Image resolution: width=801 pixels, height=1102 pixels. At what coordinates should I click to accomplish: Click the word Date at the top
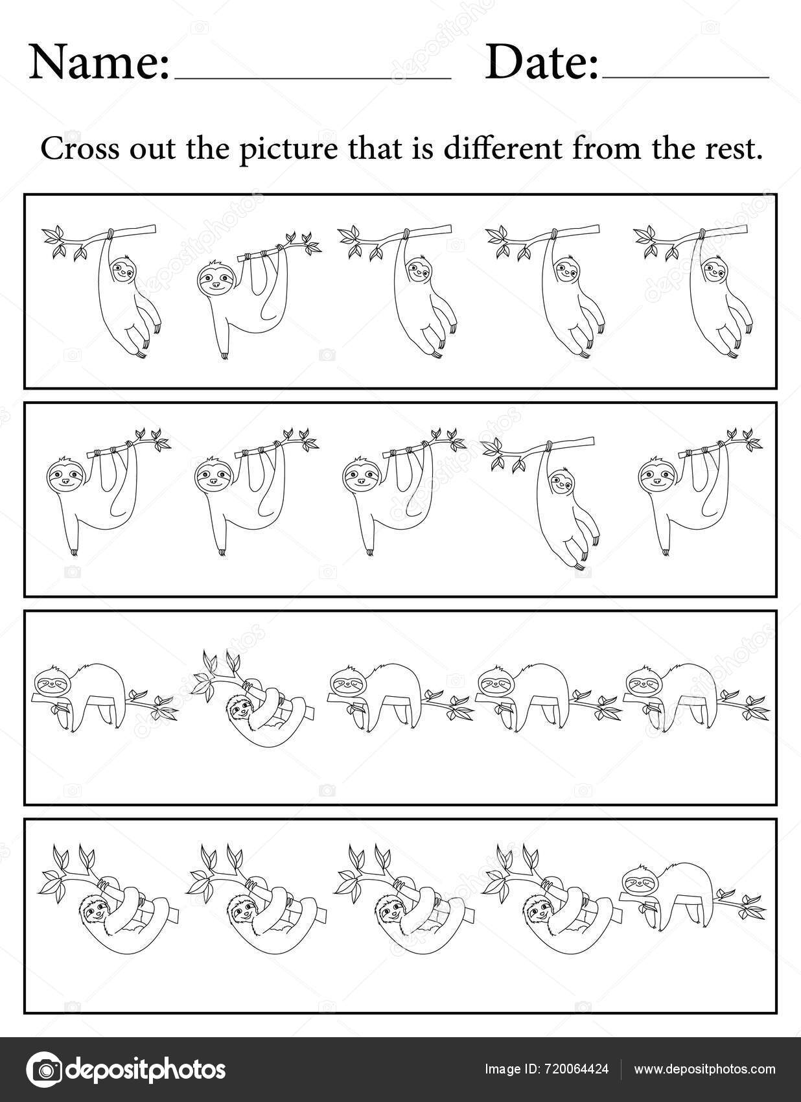tap(540, 63)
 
